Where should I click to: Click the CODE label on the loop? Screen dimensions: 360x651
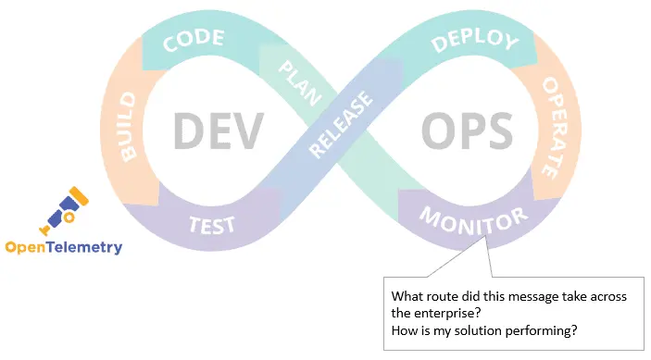click(x=194, y=38)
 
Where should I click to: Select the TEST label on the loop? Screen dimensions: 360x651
click(x=212, y=223)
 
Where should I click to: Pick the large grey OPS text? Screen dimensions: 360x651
click(x=467, y=130)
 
